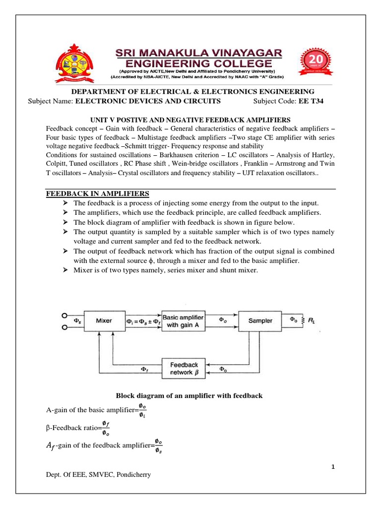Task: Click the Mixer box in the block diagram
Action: [104, 321]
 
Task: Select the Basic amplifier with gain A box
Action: [184, 321]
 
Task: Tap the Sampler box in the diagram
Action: [260, 321]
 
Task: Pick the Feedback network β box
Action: [184, 369]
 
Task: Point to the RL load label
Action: [311, 320]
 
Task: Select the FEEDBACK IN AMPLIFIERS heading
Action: [97, 193]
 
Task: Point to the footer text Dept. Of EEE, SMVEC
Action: [98, 475]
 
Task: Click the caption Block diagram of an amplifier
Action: [189, 396]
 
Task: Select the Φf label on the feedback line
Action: [143, 370]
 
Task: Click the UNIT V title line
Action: [190, 120]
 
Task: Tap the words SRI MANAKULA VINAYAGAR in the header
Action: [191, 52]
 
